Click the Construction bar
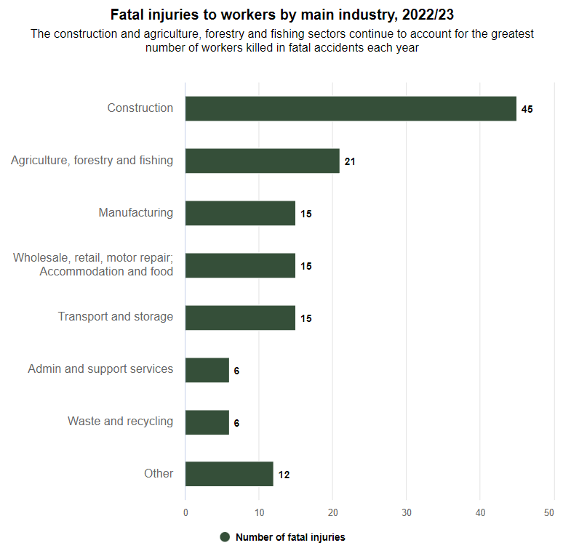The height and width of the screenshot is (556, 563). coord(351,109)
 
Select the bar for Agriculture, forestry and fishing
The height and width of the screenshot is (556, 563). coord(263,161)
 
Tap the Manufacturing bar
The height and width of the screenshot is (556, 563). coord(240,213)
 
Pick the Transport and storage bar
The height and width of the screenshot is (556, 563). coord(240,318)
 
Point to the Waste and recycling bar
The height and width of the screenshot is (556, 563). coord(207,422)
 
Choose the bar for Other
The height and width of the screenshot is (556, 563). coord(229,474)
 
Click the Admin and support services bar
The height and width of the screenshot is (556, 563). coord(207,370)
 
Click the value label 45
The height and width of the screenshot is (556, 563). coord(527,109)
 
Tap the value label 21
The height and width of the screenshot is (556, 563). coord(350,161)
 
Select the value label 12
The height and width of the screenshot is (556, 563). coord(284,475)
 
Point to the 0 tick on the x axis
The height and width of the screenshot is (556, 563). coord(185,512)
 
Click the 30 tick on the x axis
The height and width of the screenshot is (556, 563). coord(407,512)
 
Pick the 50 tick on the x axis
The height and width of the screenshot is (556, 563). coord(554,512)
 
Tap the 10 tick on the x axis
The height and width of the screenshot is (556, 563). coord(259,512)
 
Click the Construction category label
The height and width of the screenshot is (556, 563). coord(140,108)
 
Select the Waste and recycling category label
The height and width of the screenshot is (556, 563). coord(120,422)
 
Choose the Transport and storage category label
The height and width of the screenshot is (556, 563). coord(116,317)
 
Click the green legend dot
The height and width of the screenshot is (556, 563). coord(225,537)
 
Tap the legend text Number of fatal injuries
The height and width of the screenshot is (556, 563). coord(290,538)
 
